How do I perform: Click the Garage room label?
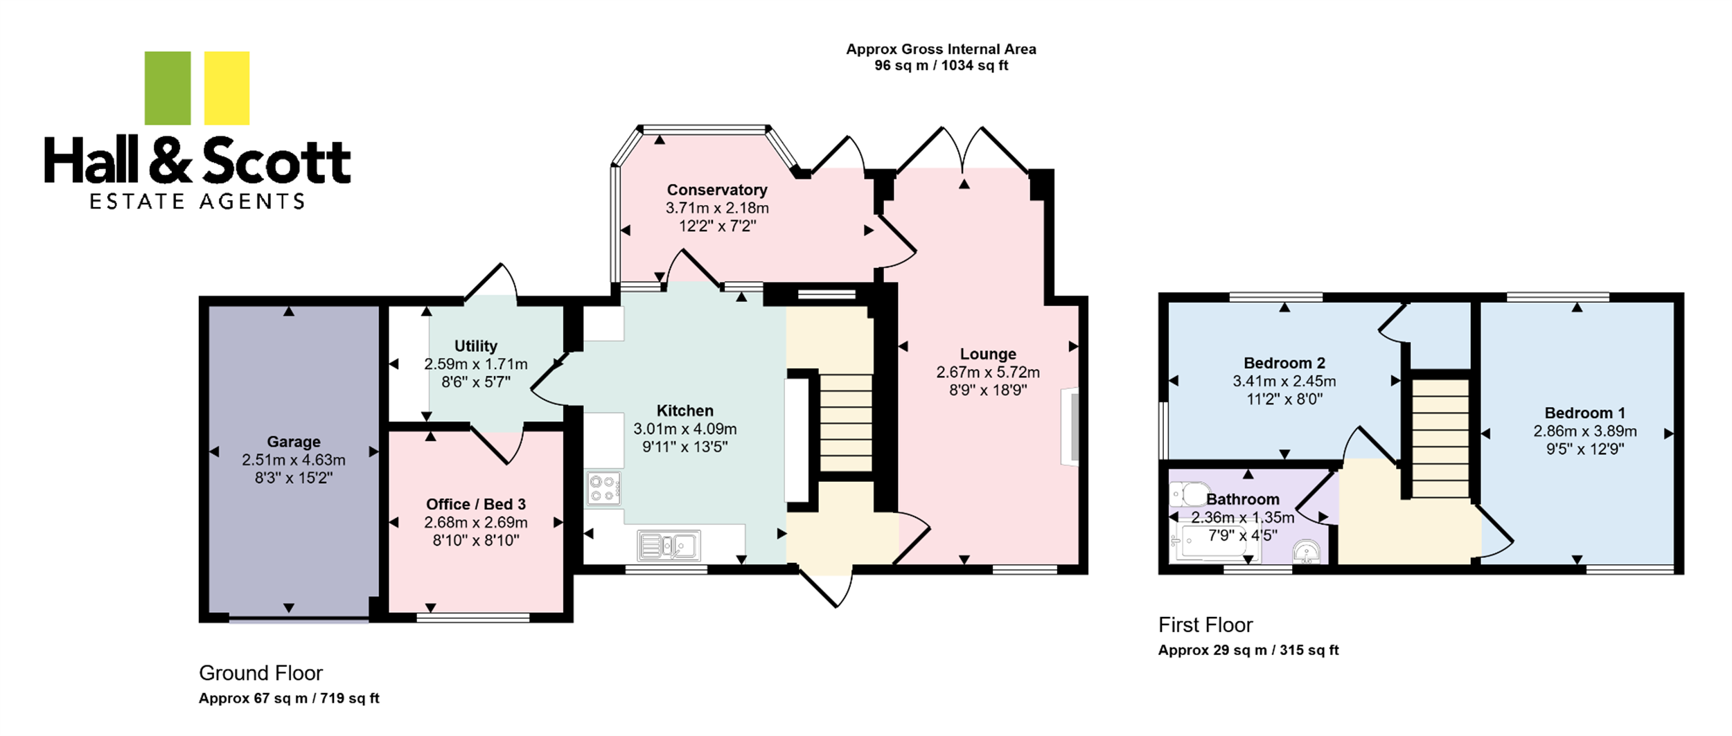click(x=294, y=442)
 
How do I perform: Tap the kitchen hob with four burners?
click(x=604, y=488)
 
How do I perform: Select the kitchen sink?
click(x=669, y=546)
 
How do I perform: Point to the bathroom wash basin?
click(x=1307, y=553)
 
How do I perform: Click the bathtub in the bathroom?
click(x=1214, y=544)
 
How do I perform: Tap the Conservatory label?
click(x=717, y=190)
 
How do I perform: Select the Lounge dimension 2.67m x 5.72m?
click(x=988, y=373)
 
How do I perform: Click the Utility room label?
click(x=476, y=345)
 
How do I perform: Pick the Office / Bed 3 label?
click(x=476, y=504)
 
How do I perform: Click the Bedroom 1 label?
click(x=1585, y=413)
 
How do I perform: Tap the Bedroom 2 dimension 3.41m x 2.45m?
click(x=1284, y=382)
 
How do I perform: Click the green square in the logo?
click(x=168, y=88)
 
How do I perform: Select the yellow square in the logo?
click(x=227, y=88)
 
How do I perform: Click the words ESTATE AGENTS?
click(x=197, y=201)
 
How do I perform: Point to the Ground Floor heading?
click(x=261, y=673)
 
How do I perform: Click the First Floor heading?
click(x=1205, y=625)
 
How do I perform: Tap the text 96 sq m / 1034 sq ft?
click(x=942, y=66)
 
